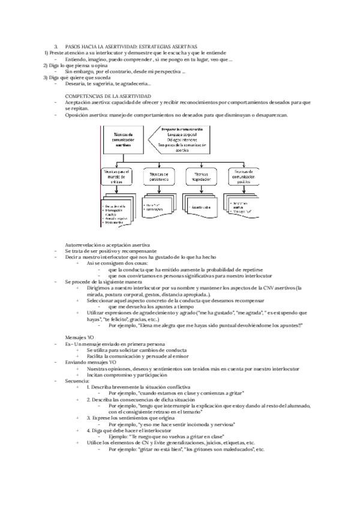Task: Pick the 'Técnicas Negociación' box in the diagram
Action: (x=202, y=176)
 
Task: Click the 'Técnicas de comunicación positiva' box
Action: (x=242, y=176)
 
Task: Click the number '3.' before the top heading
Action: (x=56, y=46)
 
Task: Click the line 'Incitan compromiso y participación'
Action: (x=124, y=375)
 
